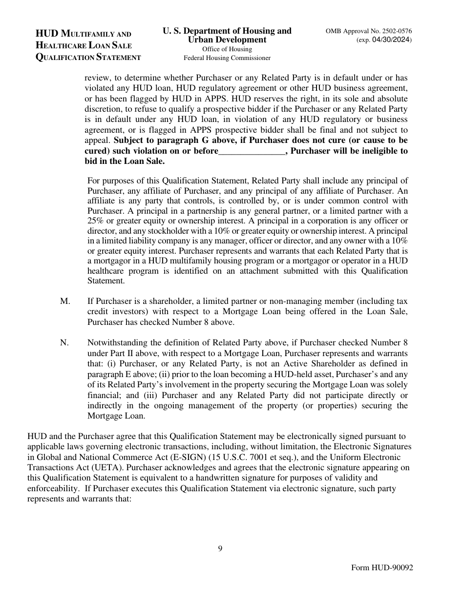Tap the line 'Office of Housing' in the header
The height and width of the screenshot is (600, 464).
[x=227, y=49]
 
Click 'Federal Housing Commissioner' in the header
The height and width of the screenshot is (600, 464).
[x=227, y=58]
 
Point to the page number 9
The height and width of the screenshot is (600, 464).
[x=220, y=548]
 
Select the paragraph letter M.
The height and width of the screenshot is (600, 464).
[x=65, y=301]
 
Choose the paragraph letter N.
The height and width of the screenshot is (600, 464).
[x=64, y=342]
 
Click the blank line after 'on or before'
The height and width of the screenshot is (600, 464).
[x=251, y=151]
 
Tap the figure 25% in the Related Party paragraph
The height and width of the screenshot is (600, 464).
[x=97, y=211]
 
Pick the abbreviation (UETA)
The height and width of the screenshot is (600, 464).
[x=107, y=467]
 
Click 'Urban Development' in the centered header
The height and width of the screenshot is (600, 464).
[x=227, y=40]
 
